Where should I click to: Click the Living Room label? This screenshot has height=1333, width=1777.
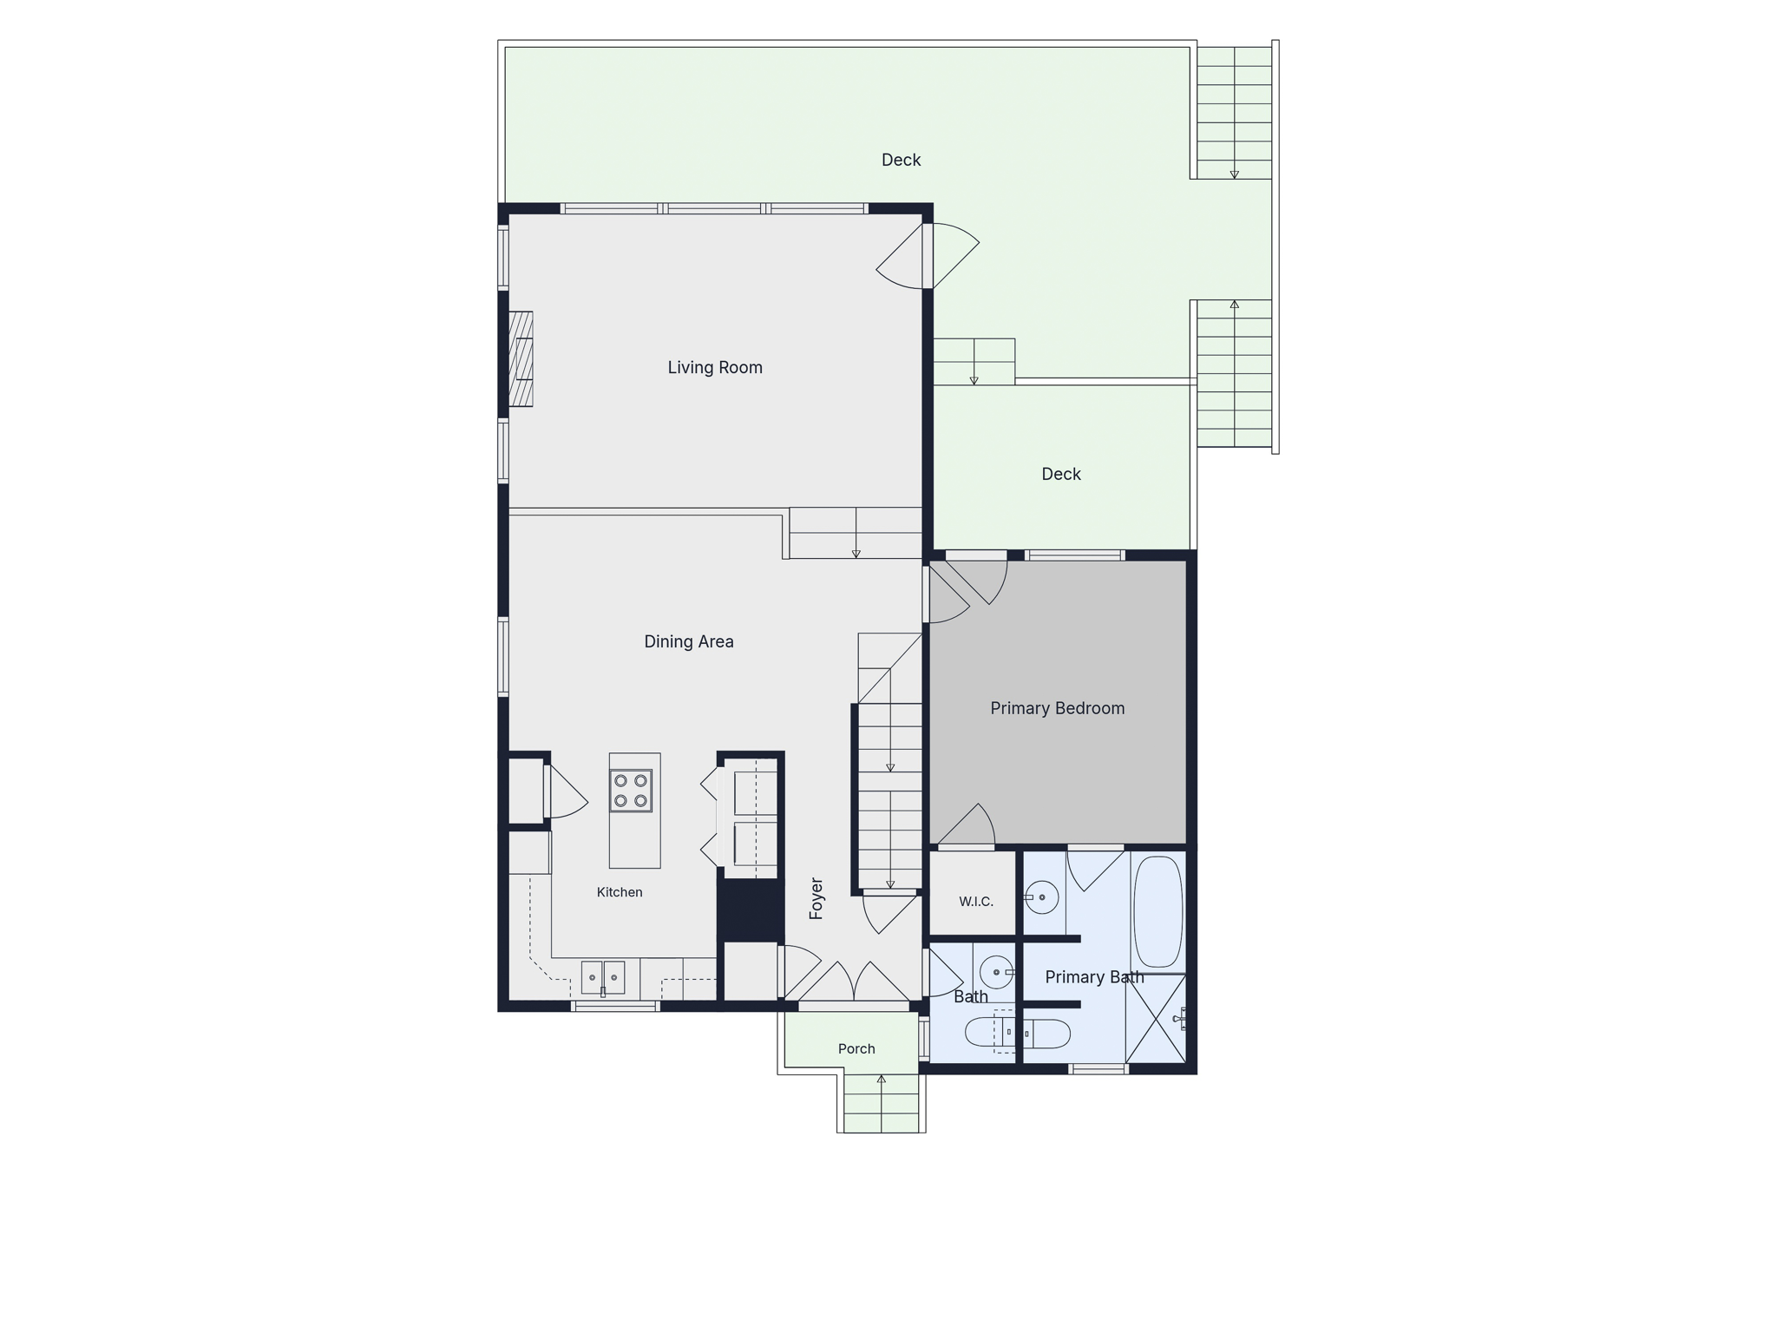(x=715, y=367)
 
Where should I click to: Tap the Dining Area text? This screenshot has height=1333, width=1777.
(x=689, y=641)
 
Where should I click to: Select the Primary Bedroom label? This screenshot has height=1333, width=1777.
(x=1058, y=708)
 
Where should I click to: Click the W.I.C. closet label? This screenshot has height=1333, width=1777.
(x=976, y=902)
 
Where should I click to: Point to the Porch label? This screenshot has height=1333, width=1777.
(x=856, y=1048)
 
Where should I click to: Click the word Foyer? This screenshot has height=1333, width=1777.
(x=816, y=898)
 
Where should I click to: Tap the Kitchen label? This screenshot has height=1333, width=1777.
(x=620, y=892)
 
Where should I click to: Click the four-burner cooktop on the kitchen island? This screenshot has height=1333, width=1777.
(x=631, y=791)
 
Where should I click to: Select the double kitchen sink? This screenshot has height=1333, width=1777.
(x=603, y=977)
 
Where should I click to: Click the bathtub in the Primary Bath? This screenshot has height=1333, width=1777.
(x=1158, y=912)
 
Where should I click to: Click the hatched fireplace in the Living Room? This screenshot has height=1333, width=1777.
(x=521, y=358)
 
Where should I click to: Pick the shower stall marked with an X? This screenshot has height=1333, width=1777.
(x=1156, y=1019)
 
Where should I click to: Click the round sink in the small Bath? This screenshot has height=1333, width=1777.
(x=996, y=972)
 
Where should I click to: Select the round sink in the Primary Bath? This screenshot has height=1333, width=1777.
(x=1041, y=897)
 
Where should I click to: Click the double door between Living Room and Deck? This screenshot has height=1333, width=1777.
(x=928, y=256)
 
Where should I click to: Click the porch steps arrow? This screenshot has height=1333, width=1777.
(x=882, y=1103)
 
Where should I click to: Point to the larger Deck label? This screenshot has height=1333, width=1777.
(x=902, y=160)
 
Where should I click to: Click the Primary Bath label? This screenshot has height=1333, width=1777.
(x=1094, y=977)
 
